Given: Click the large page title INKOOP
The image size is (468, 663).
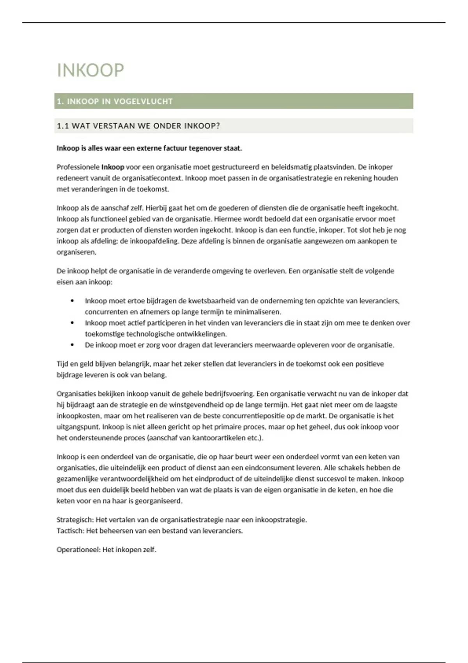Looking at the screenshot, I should (90, 71).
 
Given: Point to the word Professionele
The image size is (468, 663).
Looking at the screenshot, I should (78, 167).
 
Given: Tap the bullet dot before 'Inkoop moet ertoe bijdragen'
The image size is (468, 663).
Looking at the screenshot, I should (72, 301).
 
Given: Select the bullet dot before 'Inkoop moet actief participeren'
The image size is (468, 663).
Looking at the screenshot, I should (72, 323).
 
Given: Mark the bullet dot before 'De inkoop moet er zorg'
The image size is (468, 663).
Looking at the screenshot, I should (72, 345).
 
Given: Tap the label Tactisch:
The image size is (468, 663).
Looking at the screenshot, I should (71, 531).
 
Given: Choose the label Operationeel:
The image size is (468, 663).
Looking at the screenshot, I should (79, 550).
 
